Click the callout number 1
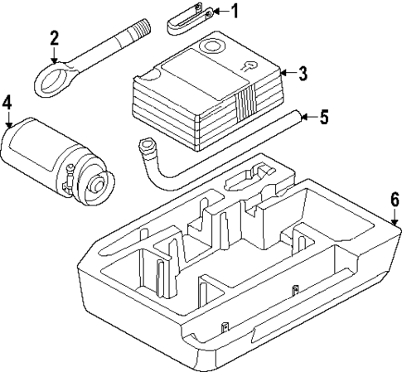click(x=234, y=11)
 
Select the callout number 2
click(x=54, y=38)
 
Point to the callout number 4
click(x=7, y=104)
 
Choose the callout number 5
click(x=324, y=117)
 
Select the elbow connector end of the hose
click(x=147, y=149)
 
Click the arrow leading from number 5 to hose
click(x=308, y=117)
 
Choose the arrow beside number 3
click(x=287, y=74)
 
